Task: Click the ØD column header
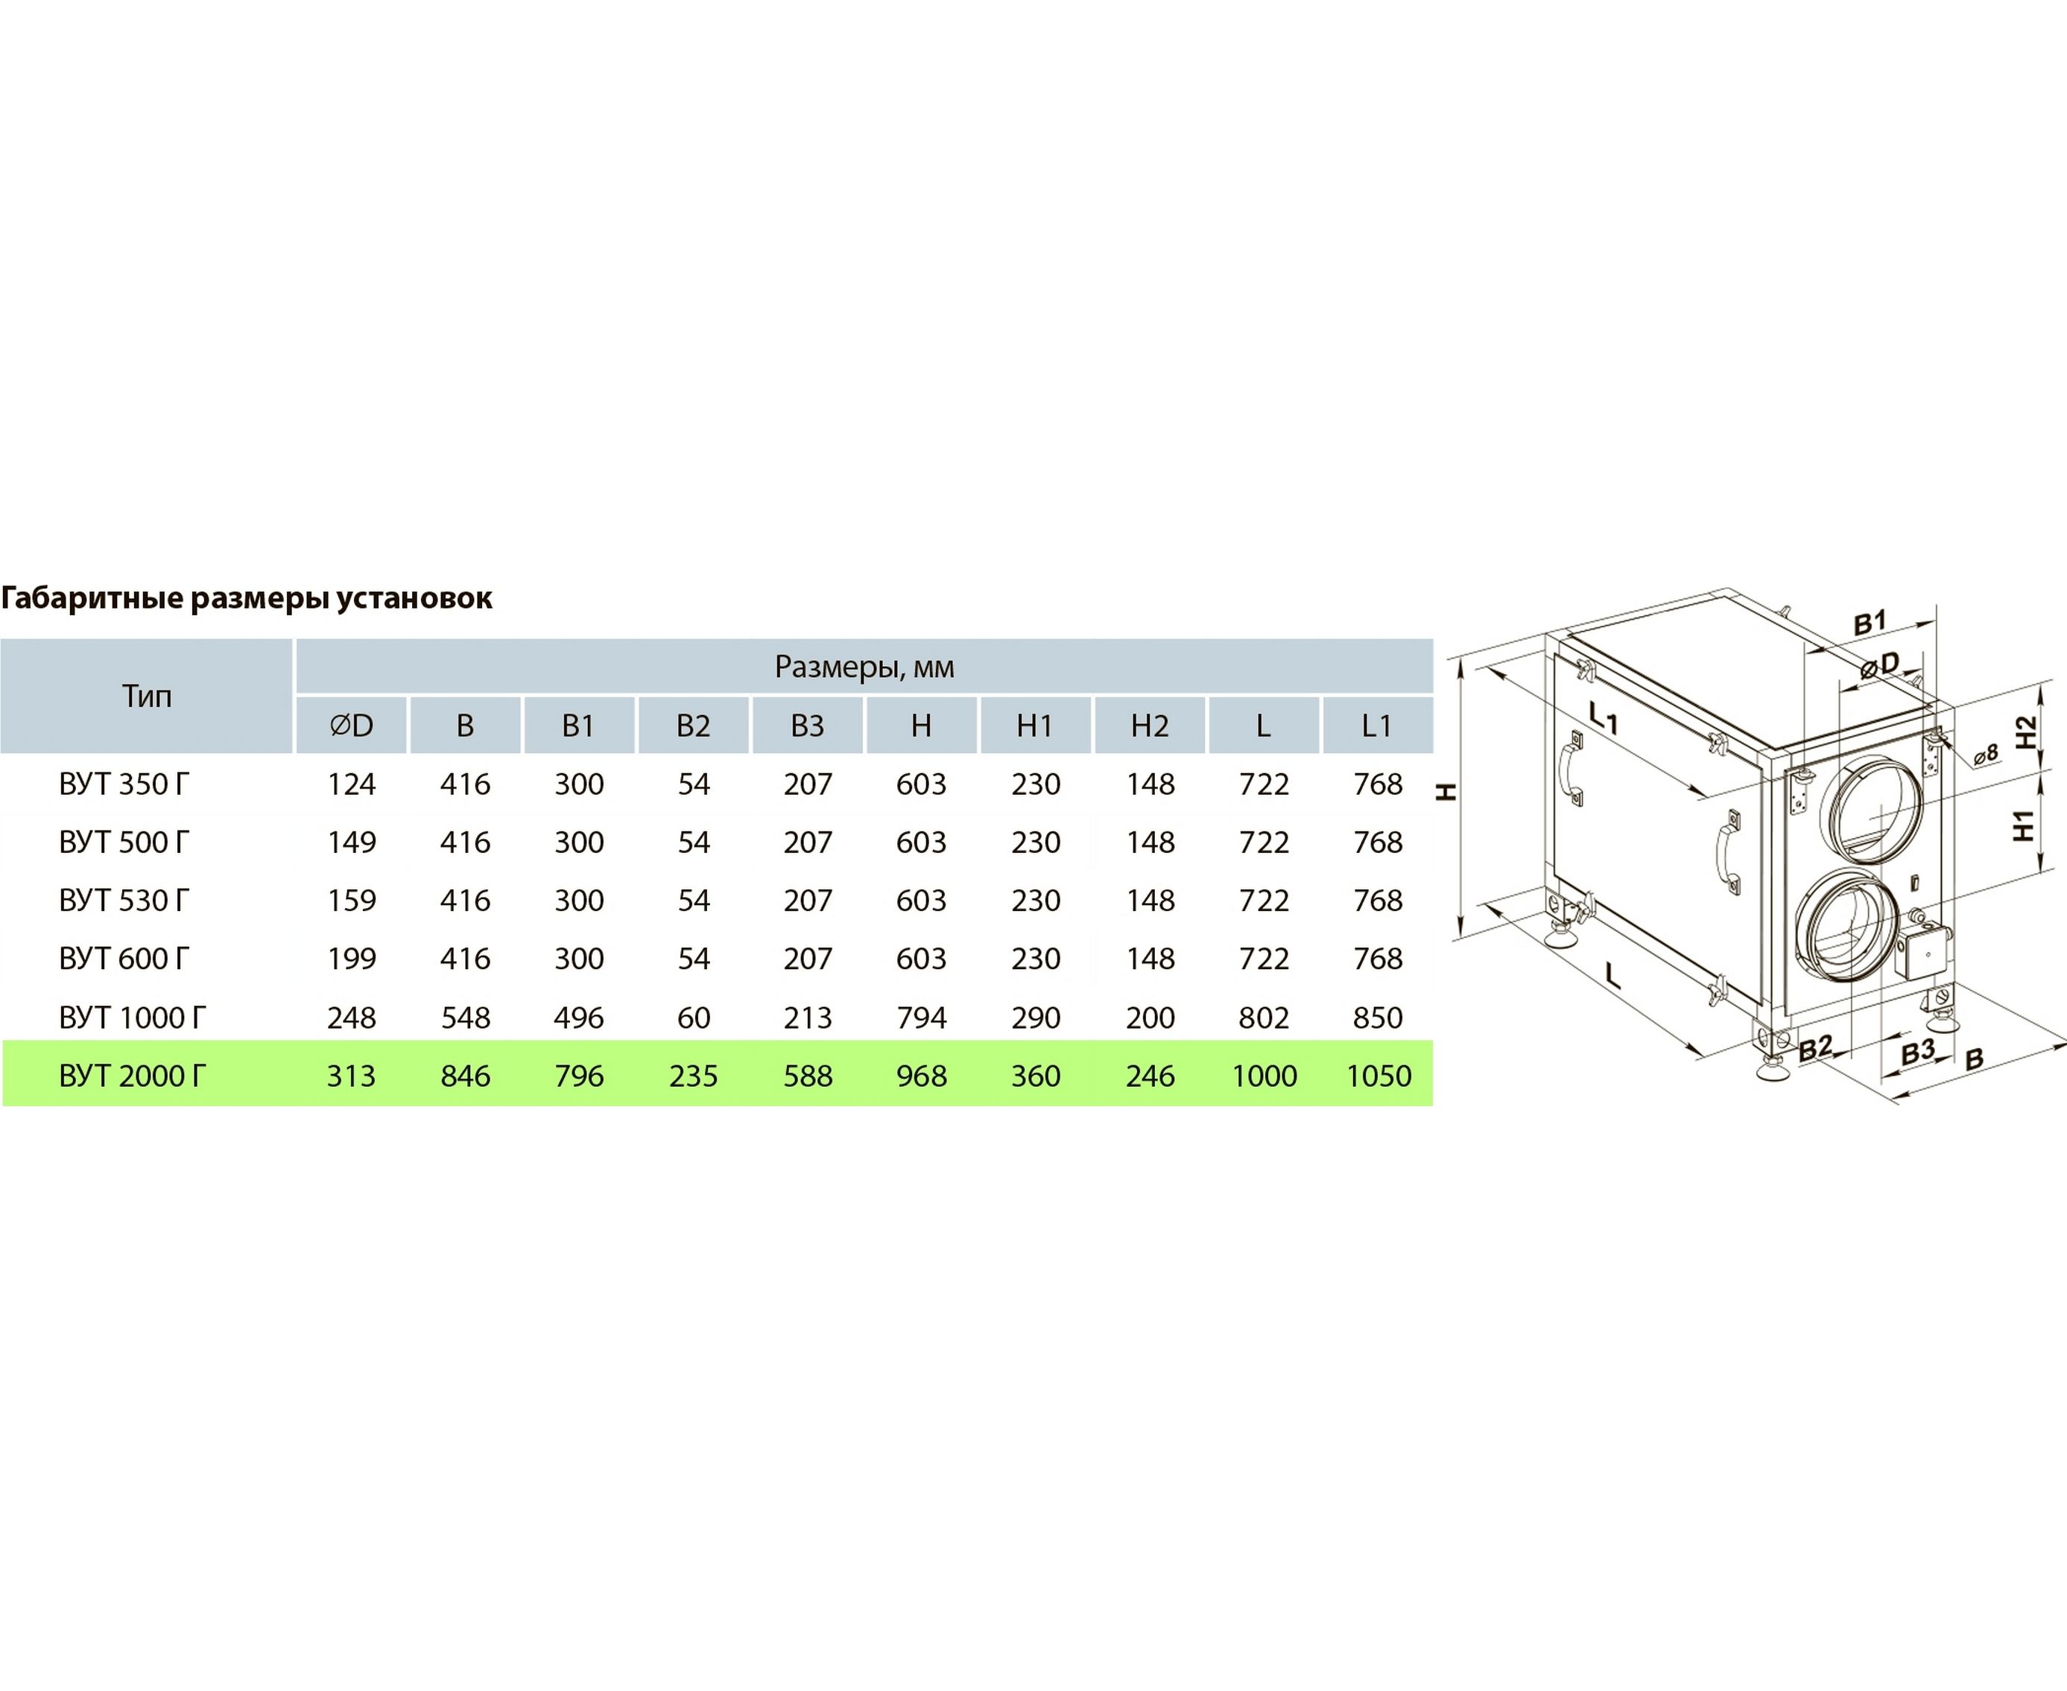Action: tap(351, 726)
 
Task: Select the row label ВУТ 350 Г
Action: tap(124, 784)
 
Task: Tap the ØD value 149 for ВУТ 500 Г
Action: tap(351, 843)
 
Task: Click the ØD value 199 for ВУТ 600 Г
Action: tap(351, 959)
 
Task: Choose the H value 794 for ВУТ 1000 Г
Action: tap(922, 1018)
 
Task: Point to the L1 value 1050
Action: tap(1378, 1076)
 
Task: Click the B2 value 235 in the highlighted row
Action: tap(694, 1076)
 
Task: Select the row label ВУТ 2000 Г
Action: tap(133, 1076)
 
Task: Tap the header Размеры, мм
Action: tap(864, 667)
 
